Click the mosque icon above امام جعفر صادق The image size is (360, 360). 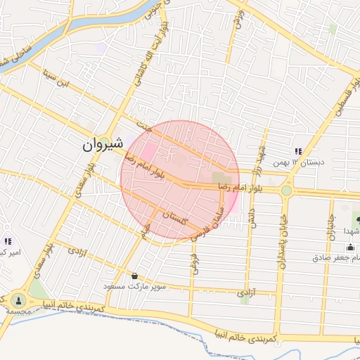[x=350, y=247]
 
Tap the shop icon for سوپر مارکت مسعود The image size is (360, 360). [x=134, y=275]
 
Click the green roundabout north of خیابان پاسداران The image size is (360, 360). [x=286, y=190]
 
